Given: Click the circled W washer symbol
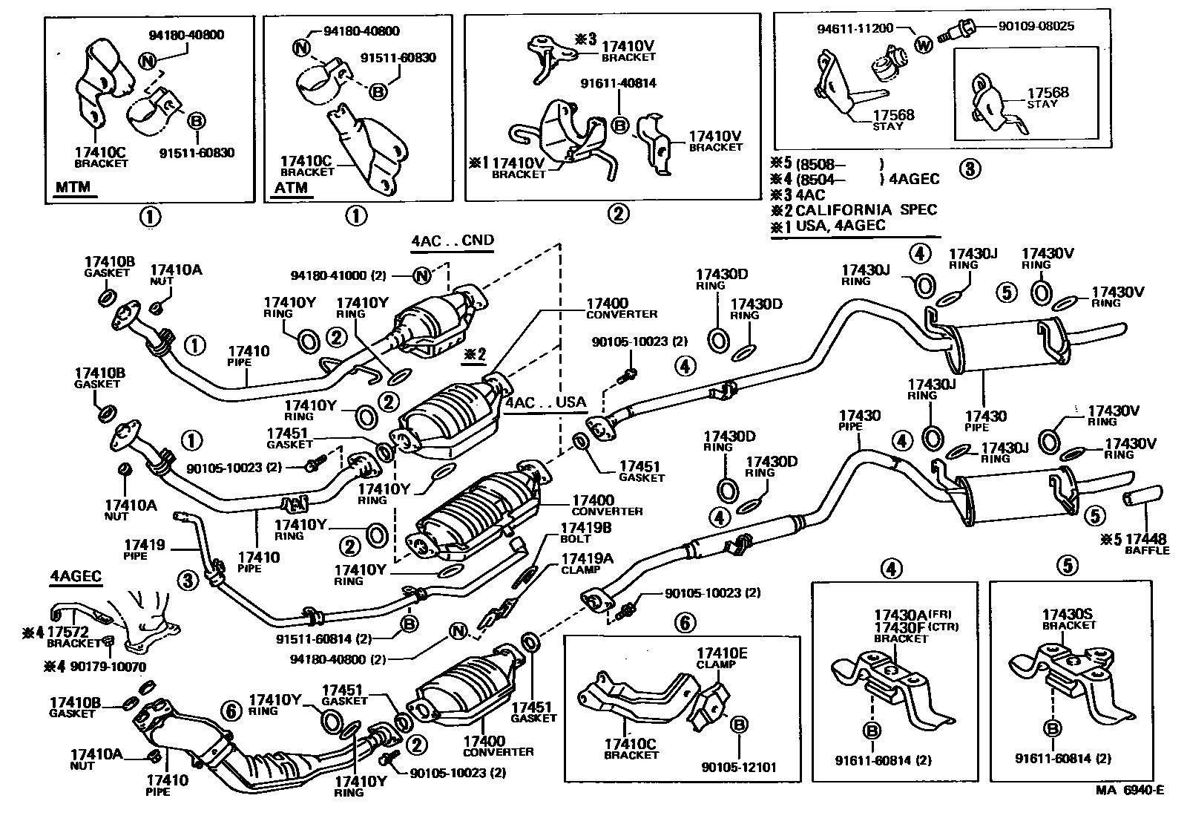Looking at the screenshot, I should pos(923,44).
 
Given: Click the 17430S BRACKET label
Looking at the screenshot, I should pos(1071,619).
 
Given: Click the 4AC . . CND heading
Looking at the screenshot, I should pos(453,240).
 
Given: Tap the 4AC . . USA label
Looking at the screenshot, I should pos(545,402).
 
